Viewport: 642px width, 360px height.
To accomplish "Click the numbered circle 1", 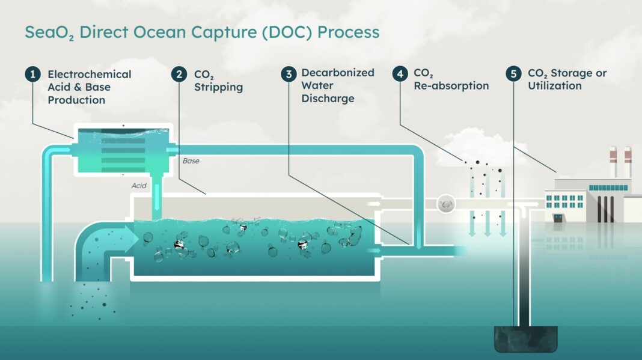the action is pos(32,74).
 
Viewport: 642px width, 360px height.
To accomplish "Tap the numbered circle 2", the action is pos(179,74).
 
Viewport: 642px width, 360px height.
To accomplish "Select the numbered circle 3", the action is pos(289,74).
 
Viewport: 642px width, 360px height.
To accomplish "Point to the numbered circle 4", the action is pos(400,74).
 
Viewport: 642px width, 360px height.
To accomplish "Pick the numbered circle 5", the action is pos(513,74).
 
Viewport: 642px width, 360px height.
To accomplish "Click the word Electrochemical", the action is pos(89,74).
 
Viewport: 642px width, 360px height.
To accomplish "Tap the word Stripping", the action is pos(218,87).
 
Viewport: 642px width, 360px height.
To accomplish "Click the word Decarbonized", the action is pos(338,73).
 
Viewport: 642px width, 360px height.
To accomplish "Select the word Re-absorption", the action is pos(451,86).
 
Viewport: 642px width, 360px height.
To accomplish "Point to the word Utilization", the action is pos(554,85).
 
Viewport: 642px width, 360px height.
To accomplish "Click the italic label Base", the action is pos(191,161).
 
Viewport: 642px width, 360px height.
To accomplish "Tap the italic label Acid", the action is pos(139,186).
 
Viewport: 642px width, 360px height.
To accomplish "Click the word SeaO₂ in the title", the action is pos(49,32).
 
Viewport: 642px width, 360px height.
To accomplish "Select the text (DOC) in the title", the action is pos(287,32).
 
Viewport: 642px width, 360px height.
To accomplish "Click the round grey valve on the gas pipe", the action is pos(446,204).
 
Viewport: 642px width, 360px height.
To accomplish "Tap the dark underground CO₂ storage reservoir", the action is pos(526,339).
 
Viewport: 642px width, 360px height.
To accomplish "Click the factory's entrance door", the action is pos(558,218).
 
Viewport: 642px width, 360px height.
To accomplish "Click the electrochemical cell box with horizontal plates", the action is pos(123,150).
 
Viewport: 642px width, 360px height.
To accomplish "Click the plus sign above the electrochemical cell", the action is pos(123,126).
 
